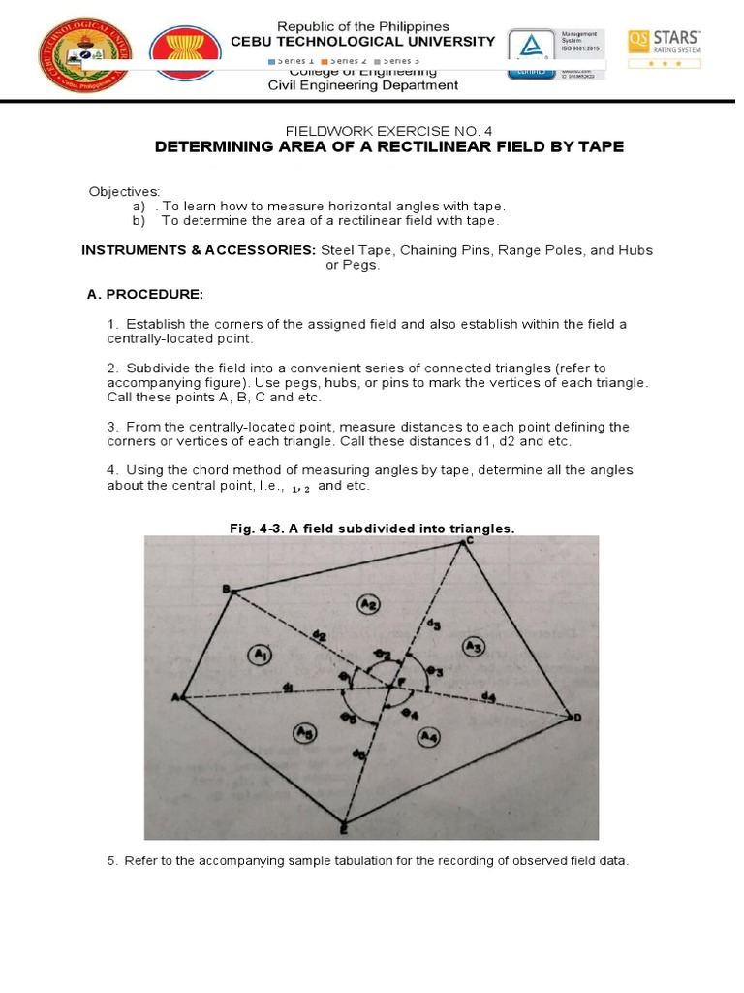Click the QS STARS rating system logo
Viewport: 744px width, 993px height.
(666, 47)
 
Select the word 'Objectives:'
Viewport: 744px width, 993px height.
(124, 191)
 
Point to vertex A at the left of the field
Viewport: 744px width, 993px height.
(179, 697)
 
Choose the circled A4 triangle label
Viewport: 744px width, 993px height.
(428, 739)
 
